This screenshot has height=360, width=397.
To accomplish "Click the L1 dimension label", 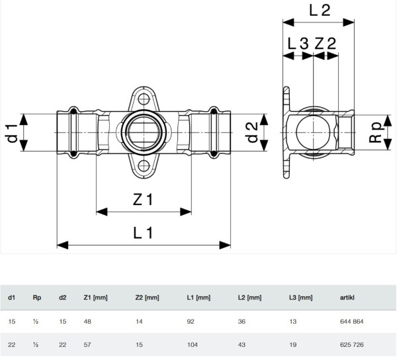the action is coord(143,233).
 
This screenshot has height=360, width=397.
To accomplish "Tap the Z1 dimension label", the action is coord(143,199).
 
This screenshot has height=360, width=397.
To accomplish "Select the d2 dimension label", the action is coord(251,132).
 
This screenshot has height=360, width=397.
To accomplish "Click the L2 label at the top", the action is coord(320,11).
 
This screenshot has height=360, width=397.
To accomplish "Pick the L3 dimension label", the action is coord(298,43).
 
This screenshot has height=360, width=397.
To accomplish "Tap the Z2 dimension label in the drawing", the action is coord(326,43).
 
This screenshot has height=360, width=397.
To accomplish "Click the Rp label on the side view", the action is coord(375,132).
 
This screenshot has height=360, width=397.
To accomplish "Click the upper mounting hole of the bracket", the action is coord(144,99).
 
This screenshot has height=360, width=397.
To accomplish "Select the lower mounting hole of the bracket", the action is coord(144,166).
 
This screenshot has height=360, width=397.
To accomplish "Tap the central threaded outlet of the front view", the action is coord(144,132).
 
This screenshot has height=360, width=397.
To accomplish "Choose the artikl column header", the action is coord(347,298).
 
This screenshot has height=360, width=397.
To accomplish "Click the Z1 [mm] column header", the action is coord(95,298).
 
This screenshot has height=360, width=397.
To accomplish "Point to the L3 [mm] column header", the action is coord(301,298).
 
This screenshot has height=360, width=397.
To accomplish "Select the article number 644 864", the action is coord(352,322).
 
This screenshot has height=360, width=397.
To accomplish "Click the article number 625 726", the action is coord(352,345).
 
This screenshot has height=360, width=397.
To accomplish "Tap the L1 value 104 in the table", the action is coord(193,345).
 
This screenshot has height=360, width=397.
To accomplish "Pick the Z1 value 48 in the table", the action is coord(87,322).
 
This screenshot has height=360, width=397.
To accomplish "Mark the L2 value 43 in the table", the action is coord(242,345).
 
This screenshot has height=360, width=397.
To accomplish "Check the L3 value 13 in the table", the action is coord(292,322).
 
